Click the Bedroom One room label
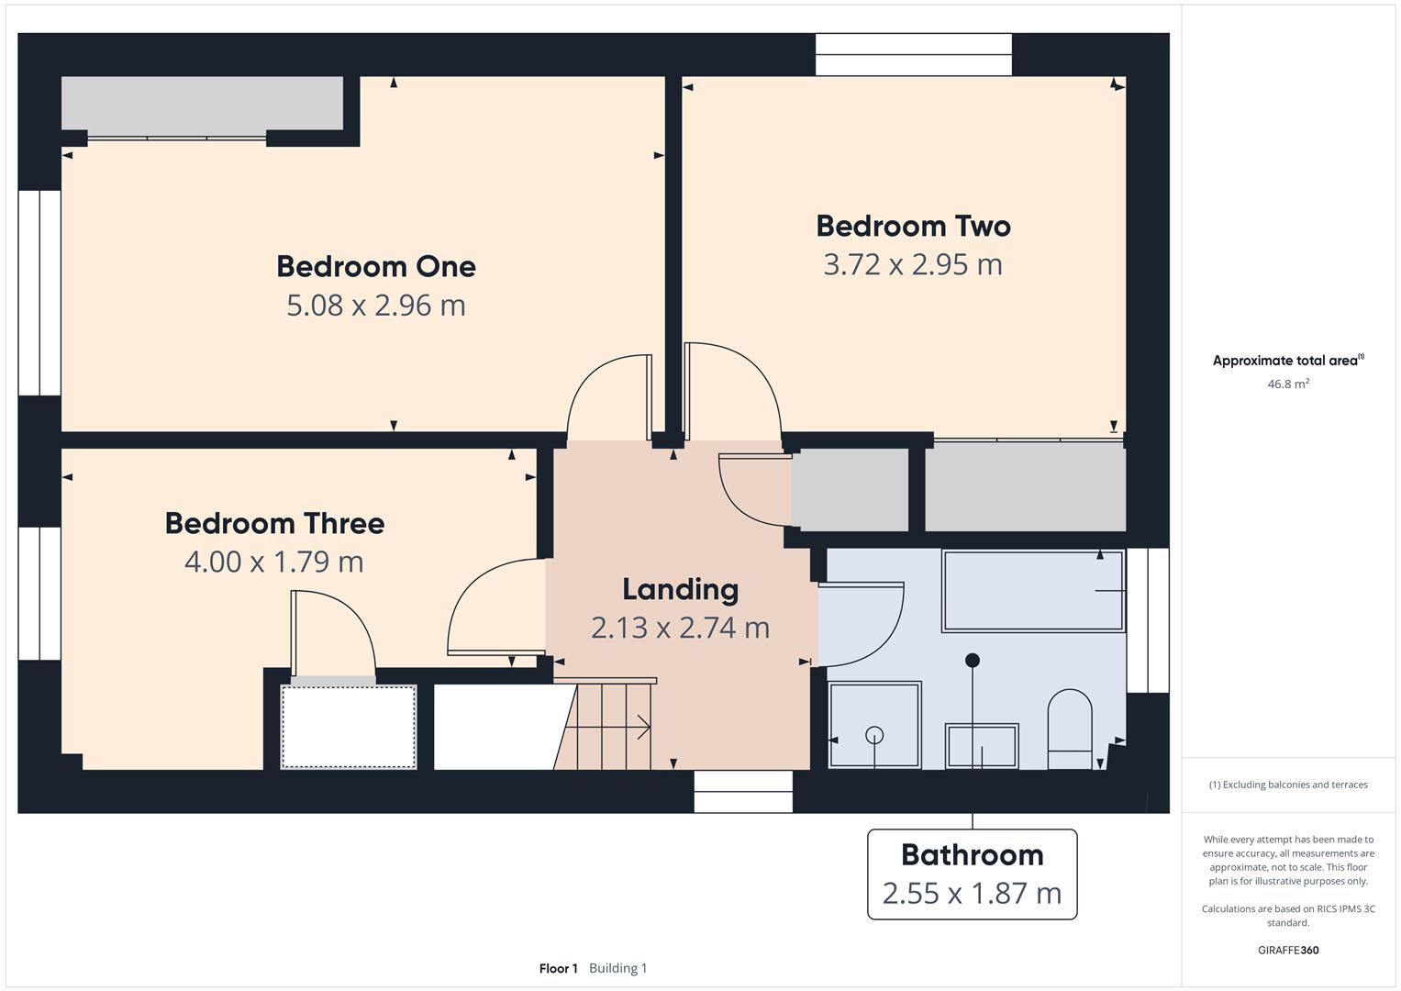click(x=376, y=266)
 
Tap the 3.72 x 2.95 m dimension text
click(x=913, y=264)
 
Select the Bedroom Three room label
click(x=274, y=523)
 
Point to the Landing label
click(x=680, y=589)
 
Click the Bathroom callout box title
click(x=972, y=854)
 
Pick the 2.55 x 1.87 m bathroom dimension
click(x=972, y=893)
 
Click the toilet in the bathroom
click(x=1070, y=729)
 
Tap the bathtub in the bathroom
click(x=1032, y=591)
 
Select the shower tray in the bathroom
click(x=874, y=725)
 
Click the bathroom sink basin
click(x=982, y=746)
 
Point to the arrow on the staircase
click(x=642, y=728)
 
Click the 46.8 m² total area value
click(x=1288, y=384)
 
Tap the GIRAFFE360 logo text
click(x=1288, y=950)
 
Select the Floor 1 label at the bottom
click(x=558, y=968)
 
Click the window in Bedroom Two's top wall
click(x=913, y=54)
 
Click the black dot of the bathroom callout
click(x=973, y=660)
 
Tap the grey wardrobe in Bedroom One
click(x=202, y=104)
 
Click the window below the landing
click(x=743, y=791)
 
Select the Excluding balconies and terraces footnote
click(x=1288, y=785)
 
